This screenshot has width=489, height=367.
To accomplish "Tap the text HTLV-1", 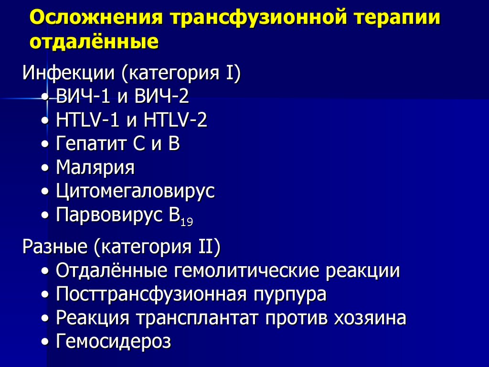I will (x=88, y=120).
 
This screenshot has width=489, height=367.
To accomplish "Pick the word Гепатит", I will (x=89, y=144).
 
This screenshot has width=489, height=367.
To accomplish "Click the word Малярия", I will (x=95, y=168).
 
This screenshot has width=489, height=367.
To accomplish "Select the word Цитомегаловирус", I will (x=135, y=191).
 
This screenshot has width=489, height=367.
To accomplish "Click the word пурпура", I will (x=290, y=294).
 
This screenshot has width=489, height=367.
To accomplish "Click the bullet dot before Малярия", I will (x=45, y=168).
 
